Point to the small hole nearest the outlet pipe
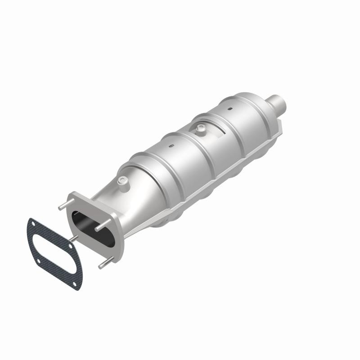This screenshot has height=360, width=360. pos(229,108)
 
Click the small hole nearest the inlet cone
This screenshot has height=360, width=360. pos(171,146)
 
